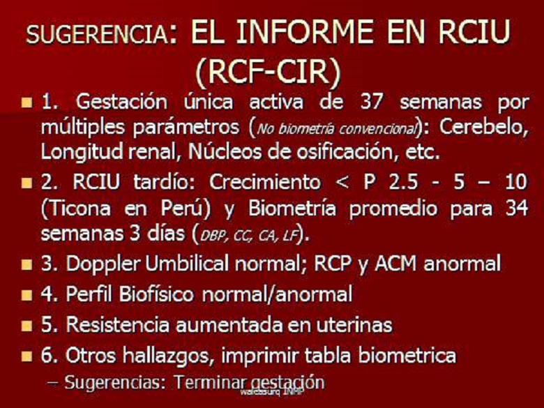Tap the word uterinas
[350, 325]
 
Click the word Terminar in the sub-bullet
[209, 382]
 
